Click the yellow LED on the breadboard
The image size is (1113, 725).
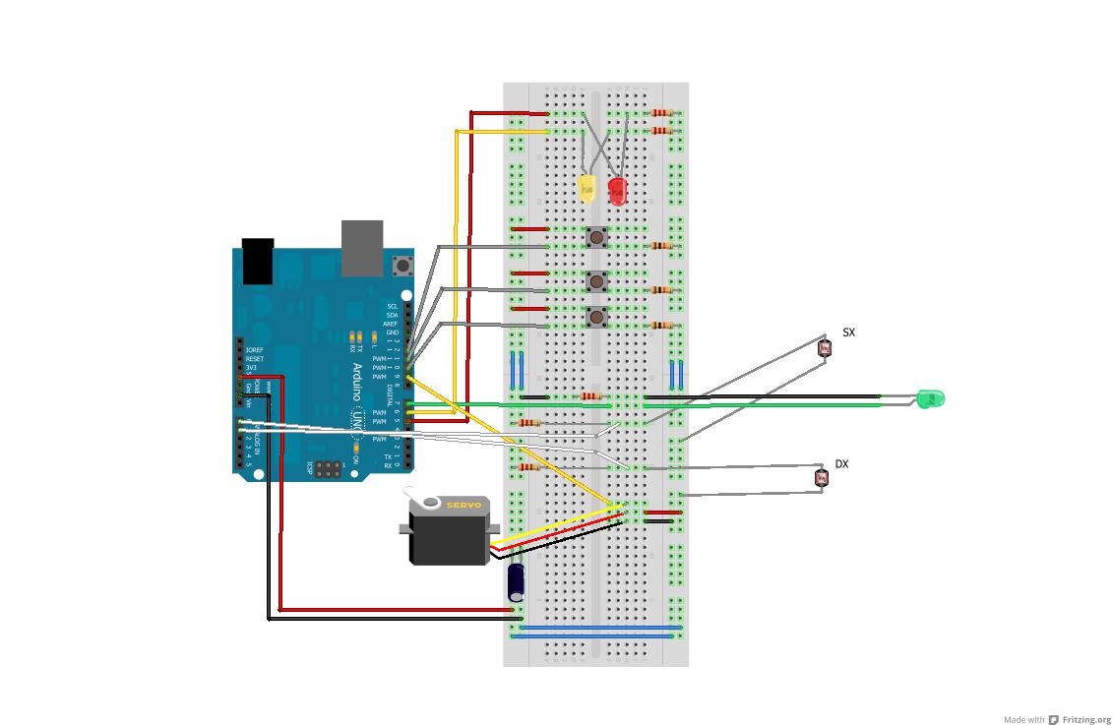[x=587, y=188]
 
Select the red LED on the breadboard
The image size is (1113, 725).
[x=617, y=190]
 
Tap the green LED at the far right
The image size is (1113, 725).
[x=929, y=398]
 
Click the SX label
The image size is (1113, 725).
[x=848, y=332]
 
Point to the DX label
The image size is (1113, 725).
[x=841, y=463]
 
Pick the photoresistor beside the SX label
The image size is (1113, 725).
[x=825, y=346]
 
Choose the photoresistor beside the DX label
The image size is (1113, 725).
[x=821, y=478]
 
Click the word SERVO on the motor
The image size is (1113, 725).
[x=464, y=506]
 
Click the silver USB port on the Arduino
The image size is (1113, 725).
[x=361, y=247]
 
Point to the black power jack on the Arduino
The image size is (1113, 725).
[x=257, y=261]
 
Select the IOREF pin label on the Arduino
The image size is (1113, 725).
[x=255, y=350]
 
